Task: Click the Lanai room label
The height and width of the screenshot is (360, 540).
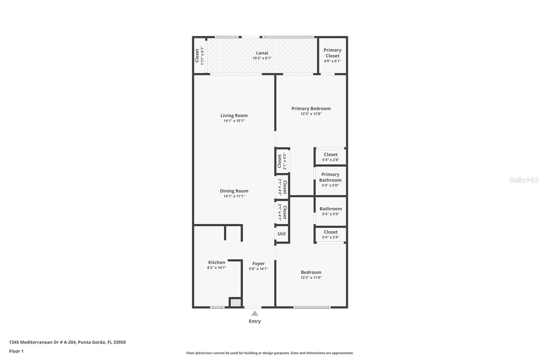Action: point(262,53)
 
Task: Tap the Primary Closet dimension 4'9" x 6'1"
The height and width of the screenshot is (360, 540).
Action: point(332,61)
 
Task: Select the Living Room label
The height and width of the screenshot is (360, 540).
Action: point(234,115)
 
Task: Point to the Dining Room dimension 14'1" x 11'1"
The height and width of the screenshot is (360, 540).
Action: point(234,196)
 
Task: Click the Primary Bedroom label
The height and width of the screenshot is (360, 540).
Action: point(311,108)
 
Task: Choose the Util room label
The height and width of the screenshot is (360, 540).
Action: point(281,234)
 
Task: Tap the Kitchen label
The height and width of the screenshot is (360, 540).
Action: point(217,262)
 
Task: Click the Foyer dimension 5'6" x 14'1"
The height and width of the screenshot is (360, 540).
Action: point(259,268)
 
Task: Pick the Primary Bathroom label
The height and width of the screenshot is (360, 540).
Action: point(330,177)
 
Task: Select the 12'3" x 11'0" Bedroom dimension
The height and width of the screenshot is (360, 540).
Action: point(311,278)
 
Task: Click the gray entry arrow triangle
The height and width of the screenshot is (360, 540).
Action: point(255,313)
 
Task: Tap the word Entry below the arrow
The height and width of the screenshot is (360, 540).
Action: point(255,321)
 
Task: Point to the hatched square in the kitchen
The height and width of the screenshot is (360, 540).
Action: point(236,303)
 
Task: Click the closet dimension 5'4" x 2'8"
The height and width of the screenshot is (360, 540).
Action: point(331,160)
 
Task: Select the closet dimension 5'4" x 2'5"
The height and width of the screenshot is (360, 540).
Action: point(331,237)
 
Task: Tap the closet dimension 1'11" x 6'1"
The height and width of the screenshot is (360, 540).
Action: point(202,56)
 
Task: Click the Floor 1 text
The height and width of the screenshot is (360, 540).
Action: point(17,351)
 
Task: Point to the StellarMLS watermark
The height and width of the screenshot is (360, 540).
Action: point(524,180)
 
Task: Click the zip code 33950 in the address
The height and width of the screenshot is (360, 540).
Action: point(119,342)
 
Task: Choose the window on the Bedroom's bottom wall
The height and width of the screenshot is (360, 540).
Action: point(312,307)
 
